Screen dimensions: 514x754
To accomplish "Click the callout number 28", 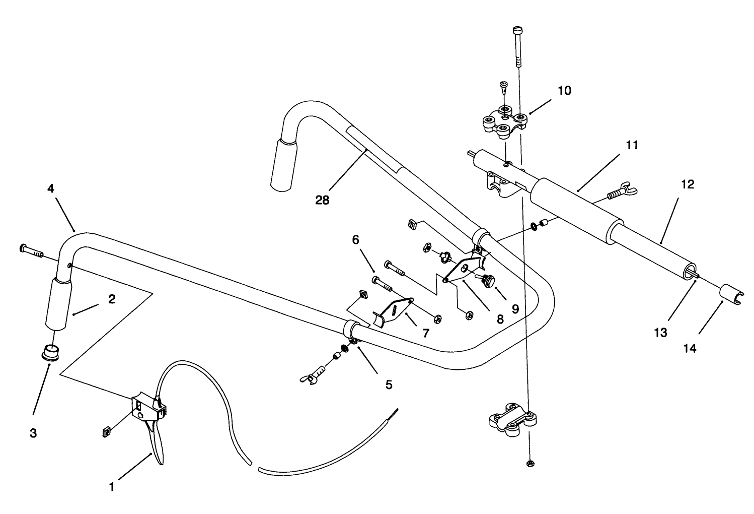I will pyautogui.click(x=322, y=200).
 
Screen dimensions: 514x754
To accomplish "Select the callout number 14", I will pyautogui.click(x=690, y=348).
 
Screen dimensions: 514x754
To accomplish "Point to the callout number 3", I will pyautogui.click(x=33, y=433).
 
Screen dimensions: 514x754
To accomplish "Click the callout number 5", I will pyautogui.click(x=388, y=384).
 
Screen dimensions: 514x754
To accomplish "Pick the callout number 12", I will pyautogui.click(x=687, y=184).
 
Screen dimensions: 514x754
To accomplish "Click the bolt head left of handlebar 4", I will pyautogui.click(x=23, y=247).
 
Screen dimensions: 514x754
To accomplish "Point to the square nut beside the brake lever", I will pyautogui.click(x=105, y=430).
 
